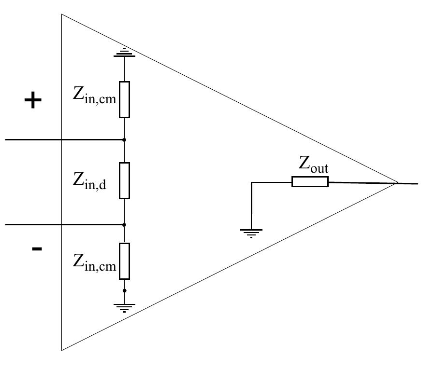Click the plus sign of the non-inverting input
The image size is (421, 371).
[33, 101]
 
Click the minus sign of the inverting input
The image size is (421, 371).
[37, 249]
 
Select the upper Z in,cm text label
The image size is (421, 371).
[95, 95]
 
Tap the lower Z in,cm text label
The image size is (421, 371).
[95, 262]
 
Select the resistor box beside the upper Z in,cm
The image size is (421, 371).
[125, 99]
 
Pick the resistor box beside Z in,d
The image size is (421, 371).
[125, 180]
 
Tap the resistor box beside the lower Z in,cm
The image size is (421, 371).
[125, 261]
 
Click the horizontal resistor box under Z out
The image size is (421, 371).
[310, 181]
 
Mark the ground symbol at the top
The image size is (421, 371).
[125, 53]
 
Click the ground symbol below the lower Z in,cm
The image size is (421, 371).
[125, 307]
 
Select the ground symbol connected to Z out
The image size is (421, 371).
[251, 232]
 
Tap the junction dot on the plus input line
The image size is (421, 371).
[125, 140]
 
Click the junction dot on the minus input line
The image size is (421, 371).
[125, 225]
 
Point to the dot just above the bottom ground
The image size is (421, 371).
[125, 291]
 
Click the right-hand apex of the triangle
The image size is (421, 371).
[397, 183]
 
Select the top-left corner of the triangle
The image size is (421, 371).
[62, 15]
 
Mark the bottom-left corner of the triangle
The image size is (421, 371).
[62, 349]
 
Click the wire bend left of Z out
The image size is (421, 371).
[251, 182]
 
